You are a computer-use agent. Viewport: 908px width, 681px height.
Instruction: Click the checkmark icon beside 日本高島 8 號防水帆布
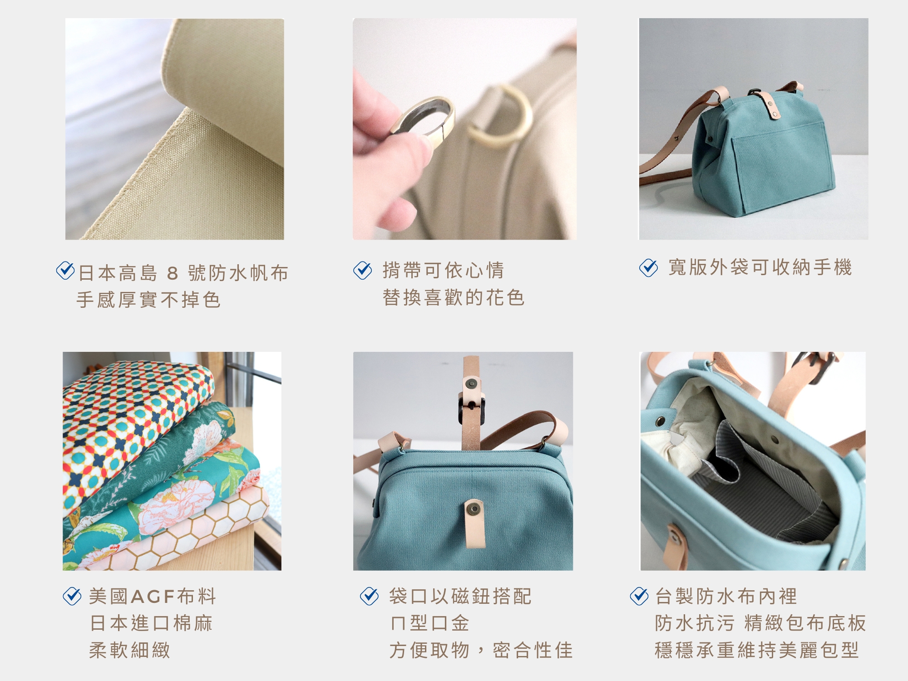[x=65, y=271]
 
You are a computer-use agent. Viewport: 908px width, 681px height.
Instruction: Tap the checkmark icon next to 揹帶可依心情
[x=362, y=270]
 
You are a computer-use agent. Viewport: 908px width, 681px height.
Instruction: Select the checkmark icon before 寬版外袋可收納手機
[x=648, y=268]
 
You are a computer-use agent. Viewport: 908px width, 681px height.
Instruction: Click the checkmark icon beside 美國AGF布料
[x=72, y=596]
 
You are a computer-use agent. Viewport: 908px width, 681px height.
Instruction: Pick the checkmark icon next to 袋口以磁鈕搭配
[x=369, y=596]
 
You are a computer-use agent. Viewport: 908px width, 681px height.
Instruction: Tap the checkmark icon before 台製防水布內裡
[x=639, y=596]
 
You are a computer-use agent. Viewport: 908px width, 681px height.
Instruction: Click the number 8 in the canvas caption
[x=173, y=273]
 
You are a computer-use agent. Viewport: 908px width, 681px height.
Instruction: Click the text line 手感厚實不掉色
[x=148, y=300]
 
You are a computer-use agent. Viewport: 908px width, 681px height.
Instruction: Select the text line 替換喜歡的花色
[x=454, y=298]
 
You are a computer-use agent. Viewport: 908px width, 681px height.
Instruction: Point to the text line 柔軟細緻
[x=130, y=650]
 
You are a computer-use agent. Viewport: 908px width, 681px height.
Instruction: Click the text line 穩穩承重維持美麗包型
[x=757, y=650]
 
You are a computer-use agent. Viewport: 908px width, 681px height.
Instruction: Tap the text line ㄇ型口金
[x=429, y=623]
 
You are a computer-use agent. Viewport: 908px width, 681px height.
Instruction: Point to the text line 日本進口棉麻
[x=151, y=623]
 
